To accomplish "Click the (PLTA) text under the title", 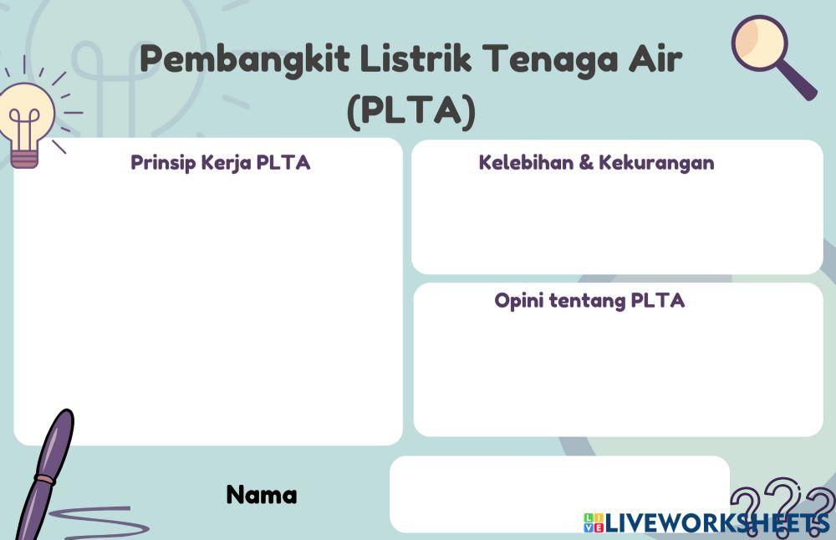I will (411, 110).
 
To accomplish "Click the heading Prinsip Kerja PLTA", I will (220, 163).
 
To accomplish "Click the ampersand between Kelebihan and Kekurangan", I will (588, 163).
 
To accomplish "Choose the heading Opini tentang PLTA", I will (589, 301).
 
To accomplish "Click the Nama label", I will (261, 495).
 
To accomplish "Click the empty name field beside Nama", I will (558, 493).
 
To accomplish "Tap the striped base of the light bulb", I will (24, 156).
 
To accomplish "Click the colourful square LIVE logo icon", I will (593, 523).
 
